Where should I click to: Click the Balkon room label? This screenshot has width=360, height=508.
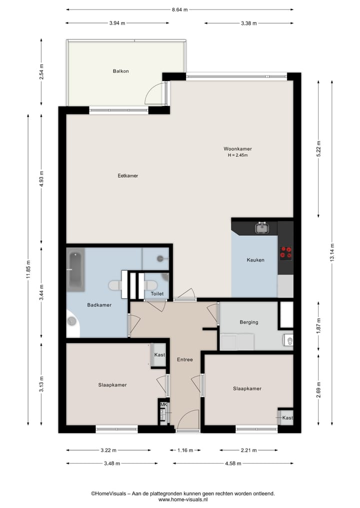coord(120,71)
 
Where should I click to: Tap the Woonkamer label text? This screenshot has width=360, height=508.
coord(237,149)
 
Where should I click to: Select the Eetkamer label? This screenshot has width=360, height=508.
coord(127,176)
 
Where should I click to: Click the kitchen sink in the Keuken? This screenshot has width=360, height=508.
coord(262,228)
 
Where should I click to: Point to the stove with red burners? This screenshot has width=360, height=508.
coord(285,252)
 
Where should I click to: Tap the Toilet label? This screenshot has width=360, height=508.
coord(157,294)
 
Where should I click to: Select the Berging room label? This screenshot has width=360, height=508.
coord(248,322)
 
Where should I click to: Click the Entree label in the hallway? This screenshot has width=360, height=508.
coord(185,359)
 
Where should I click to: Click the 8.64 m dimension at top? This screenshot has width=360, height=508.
coord(179,9)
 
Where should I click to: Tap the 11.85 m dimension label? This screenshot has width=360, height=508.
coord(28,269)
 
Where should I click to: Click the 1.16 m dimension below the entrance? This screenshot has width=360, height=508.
coord(185,450)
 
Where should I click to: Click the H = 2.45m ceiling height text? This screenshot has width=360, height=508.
coord(237,155)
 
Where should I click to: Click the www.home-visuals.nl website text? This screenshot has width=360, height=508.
coord(183,499)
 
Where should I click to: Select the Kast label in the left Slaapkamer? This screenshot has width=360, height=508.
coord(159,355)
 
